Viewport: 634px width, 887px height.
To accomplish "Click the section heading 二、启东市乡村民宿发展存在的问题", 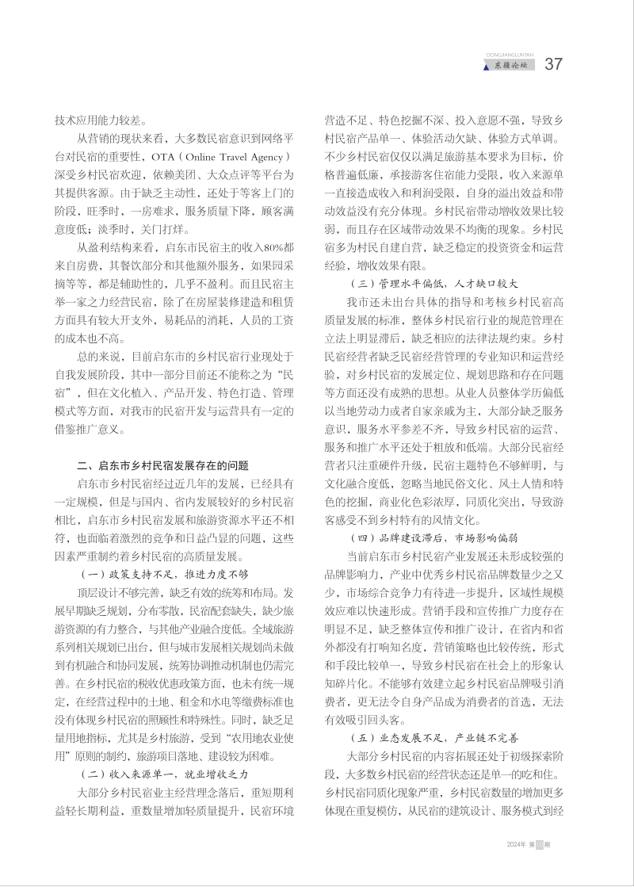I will (x=162, y=465).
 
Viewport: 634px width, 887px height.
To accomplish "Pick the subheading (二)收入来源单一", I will (x=166, y=773).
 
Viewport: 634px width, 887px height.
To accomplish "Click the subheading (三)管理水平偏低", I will (x=433, y=282).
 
